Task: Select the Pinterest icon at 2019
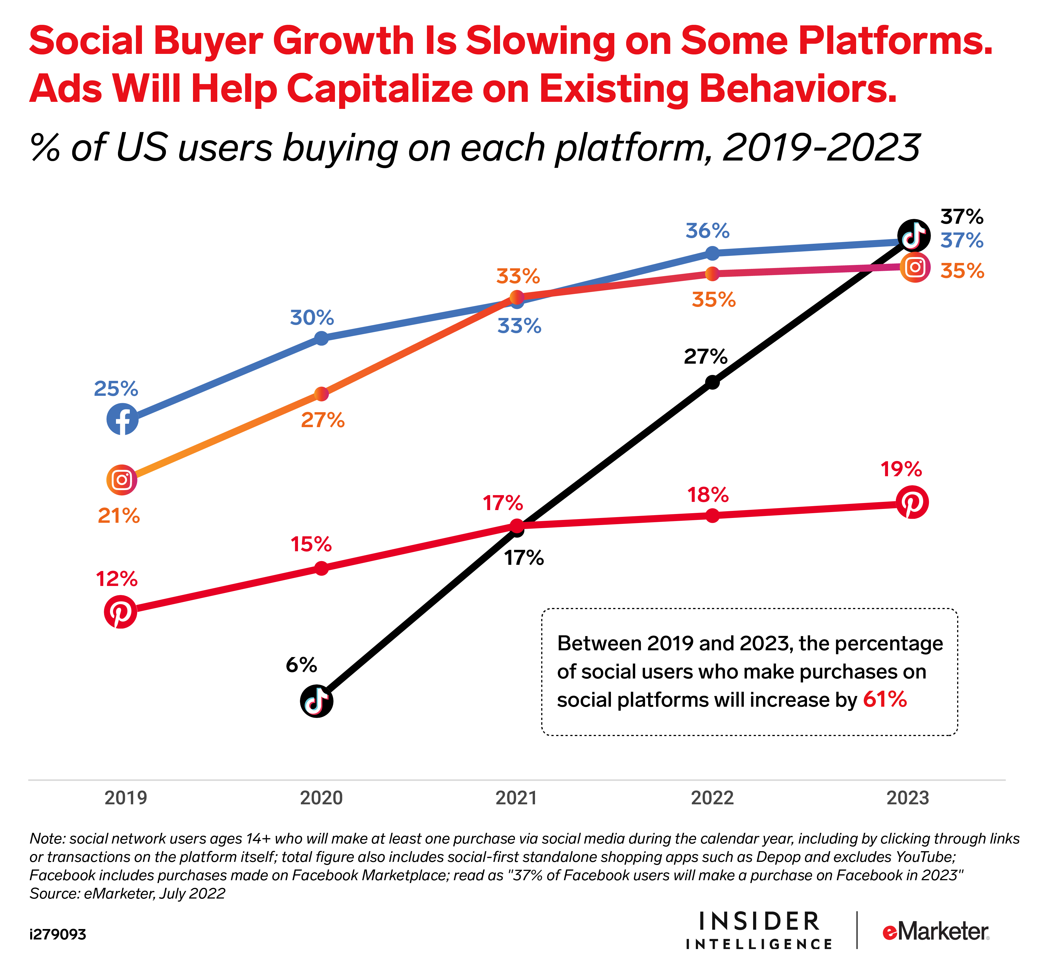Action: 120,612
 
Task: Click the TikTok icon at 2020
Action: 316,701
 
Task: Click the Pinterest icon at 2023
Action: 912,502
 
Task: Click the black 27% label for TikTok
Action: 705,357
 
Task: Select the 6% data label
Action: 301,665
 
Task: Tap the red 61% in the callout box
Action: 885,700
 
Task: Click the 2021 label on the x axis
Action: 516,798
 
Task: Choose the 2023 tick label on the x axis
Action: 907,798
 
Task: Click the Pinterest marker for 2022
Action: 712,515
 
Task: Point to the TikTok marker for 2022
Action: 712,382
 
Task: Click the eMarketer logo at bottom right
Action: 935,932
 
